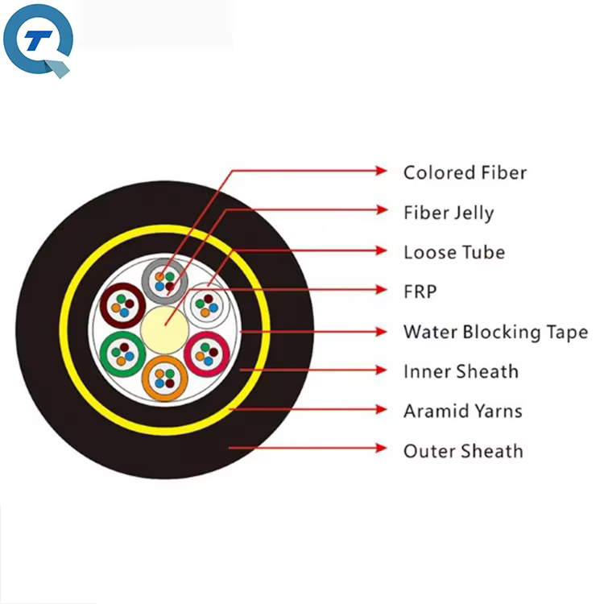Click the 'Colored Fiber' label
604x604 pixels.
[465, 172]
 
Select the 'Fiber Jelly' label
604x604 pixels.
[449, 213]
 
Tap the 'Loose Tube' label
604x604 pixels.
[454, 252]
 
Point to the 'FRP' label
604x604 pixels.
[420, 292]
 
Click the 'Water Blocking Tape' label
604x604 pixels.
[496, 332]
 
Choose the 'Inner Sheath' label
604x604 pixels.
[461, 371]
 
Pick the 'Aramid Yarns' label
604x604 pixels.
[462, 411]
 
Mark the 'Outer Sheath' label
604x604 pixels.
[463, 451]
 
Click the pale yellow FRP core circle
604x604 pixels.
[165, 329]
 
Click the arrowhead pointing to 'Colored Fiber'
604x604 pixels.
[382, 170]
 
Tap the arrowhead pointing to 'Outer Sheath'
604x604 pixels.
[382, 448]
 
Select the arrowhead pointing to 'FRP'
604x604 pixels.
[382, 290]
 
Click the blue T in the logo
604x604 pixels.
[38, 40]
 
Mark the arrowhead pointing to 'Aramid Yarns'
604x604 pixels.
[382, 409]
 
